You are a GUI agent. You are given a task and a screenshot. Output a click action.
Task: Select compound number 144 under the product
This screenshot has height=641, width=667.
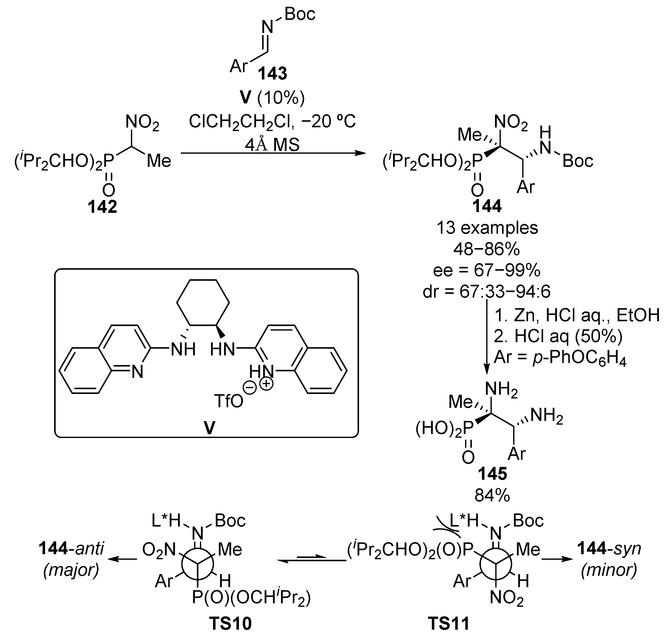487,206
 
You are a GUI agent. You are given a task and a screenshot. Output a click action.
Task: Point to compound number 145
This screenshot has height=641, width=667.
493,474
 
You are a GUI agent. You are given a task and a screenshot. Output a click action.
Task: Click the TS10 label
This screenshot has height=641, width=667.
230,623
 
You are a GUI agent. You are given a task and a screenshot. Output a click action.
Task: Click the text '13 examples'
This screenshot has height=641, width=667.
487,228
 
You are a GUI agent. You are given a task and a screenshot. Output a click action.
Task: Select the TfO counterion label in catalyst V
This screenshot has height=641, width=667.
229,401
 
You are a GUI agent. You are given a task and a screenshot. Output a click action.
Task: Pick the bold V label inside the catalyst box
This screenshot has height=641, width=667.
209,428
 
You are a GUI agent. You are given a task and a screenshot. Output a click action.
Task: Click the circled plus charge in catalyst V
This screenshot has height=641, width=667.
266,385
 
